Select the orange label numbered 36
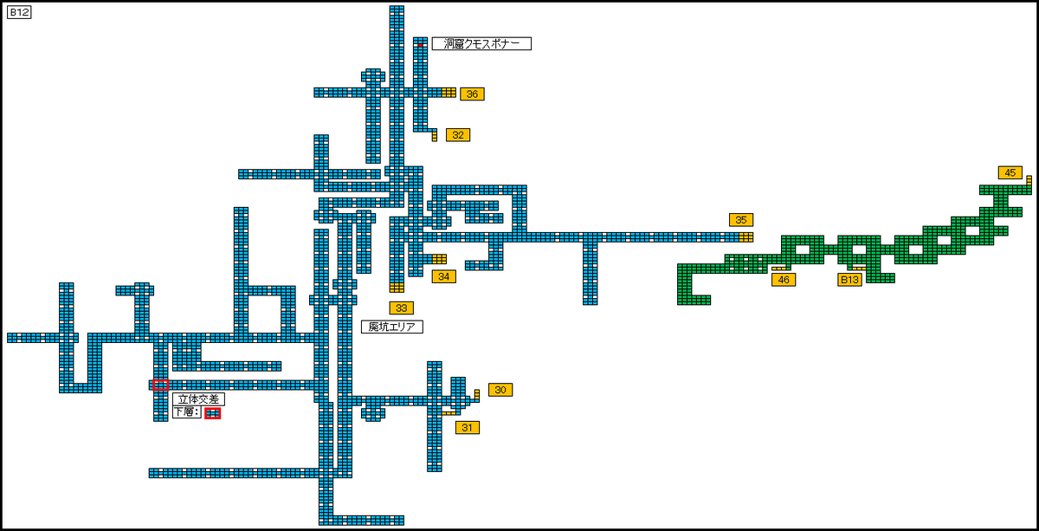[x=472, y=94]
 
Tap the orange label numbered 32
[x=458, y=135]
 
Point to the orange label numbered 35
[x=740, y=220]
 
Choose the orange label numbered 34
[x=443, y=276]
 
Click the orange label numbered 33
[x=401, y=308]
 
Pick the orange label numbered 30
[x=500, y=390]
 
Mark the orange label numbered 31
[x=467, y=427]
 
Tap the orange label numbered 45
[x=1010, y=172]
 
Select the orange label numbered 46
[x=784, y=280]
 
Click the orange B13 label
[x=849, y=280]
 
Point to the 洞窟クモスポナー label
[x=481, y=43]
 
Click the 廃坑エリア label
[x=391, y=327]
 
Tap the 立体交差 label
[x=198, y=399]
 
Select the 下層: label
[x=186, y=412]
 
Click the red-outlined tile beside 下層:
[x=213, y=413]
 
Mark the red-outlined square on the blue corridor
[x=160, y=385]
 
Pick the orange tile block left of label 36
[x=449, y=92]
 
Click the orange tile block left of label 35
[x=745, y=236]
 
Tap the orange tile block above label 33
[x=397, y=287]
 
